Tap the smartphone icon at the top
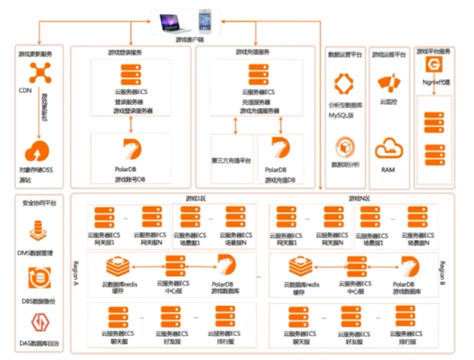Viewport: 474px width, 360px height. [205, 20]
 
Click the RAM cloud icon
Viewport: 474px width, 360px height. [388, 148]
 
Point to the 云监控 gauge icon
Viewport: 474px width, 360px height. [388, 82]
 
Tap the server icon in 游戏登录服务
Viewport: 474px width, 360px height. [131, 74]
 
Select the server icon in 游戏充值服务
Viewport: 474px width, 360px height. [256, 74]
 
